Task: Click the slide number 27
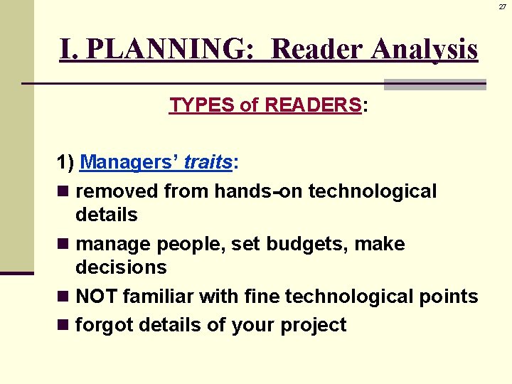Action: pos(502,6)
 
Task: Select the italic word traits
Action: pos(208,163)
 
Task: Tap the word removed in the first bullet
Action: pos(117,191)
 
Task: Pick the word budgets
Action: pos(319,244)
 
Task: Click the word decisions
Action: pos(121,267)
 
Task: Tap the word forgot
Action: pos(105,325)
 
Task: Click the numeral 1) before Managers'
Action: pos(66,163)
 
